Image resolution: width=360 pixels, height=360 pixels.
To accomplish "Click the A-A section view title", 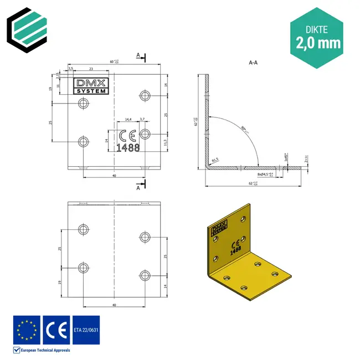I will [x=253, y=63].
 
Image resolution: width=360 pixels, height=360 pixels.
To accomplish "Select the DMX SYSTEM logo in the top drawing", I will [x=92, y=86].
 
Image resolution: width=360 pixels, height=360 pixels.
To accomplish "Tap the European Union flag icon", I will [x=27, y=329].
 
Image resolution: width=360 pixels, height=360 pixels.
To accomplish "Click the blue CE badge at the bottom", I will [x=56, y=329].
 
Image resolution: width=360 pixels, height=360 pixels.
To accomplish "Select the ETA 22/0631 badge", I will [x=86, y=329].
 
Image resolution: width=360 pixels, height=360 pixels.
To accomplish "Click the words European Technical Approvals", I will [x=46, y=349].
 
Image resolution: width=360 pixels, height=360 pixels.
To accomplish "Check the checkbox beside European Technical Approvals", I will [x=17, y=349].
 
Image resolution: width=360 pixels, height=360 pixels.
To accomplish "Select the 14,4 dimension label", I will [x=128, y=119].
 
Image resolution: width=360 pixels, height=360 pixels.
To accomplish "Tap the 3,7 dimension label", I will [x=142, y=119].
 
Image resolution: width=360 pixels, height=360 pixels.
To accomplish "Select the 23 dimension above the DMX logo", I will [x=90, y=68].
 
